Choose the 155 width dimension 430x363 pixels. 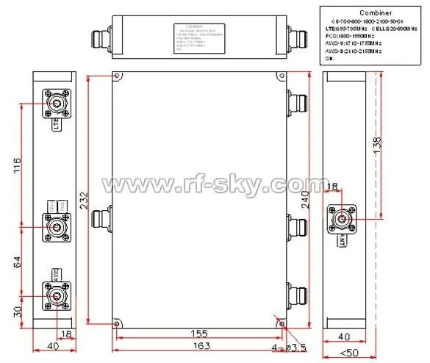[194, 332]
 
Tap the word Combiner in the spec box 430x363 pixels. [370, 12]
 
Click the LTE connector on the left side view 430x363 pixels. [55, 105]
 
